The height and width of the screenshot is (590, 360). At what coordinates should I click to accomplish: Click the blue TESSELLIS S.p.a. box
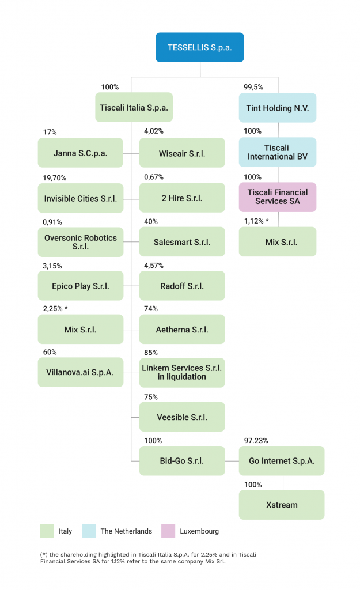200,47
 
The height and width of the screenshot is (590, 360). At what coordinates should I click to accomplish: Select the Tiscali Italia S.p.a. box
134,108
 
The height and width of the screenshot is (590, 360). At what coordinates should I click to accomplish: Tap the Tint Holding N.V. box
278,108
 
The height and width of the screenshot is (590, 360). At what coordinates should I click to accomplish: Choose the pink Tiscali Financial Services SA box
278,197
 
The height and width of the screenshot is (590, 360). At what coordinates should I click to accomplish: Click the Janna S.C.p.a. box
81,153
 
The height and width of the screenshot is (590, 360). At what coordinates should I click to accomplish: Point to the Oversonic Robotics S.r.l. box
81,242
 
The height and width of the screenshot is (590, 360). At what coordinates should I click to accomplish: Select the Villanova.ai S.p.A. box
81,372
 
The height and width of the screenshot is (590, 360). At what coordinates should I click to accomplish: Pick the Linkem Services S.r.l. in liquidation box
182,372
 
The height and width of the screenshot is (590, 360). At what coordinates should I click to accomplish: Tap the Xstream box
282,505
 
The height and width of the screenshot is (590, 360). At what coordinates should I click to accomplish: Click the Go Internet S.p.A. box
282,461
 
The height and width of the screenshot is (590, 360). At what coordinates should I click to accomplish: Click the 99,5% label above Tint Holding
254,87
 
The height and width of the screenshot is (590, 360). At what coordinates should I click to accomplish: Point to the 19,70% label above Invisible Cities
55,177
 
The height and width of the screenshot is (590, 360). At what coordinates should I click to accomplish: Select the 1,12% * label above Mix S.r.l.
256,221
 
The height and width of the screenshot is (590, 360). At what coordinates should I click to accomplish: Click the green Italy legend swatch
47,531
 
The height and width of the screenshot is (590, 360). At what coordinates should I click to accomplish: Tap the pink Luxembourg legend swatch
168,531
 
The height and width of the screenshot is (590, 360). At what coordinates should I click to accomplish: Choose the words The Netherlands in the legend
126,531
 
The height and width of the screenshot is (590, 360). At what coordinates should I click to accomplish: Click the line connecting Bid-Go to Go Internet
232,461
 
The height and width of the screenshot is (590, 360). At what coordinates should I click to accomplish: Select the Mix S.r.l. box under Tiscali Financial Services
278,242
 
